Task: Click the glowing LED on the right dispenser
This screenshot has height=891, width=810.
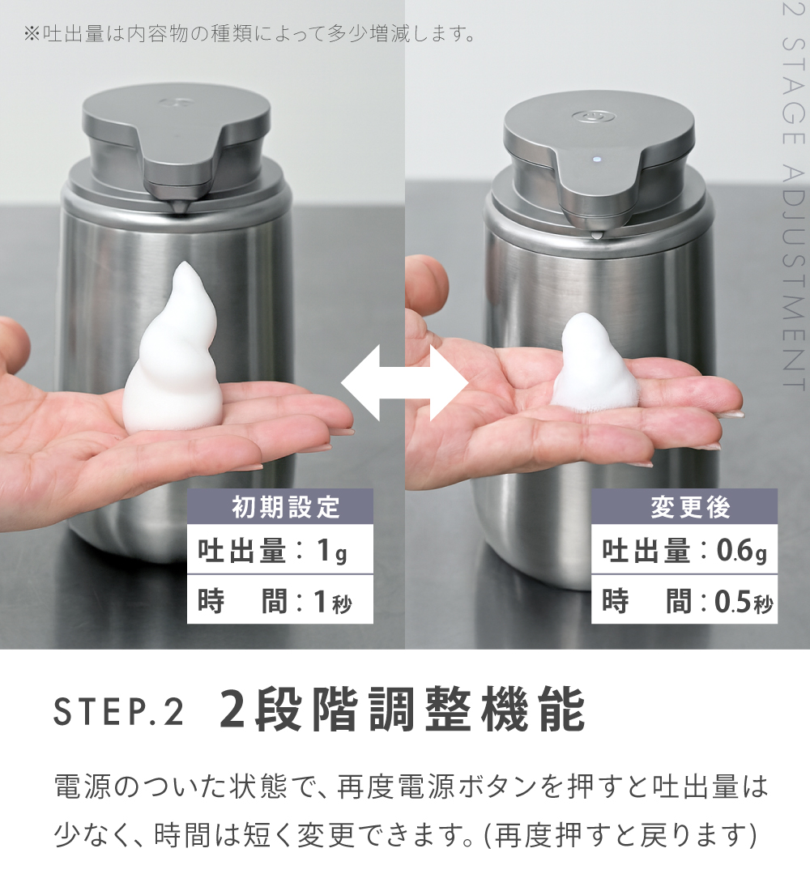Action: (597, 160)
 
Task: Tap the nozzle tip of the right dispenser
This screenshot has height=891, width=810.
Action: (596, 233)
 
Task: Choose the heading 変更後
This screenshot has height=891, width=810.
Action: (691, 507)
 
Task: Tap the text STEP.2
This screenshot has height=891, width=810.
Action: (119, 712)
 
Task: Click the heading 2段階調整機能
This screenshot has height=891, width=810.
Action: (403, 710)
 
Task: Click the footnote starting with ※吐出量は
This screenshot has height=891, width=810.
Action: (249, 34)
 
